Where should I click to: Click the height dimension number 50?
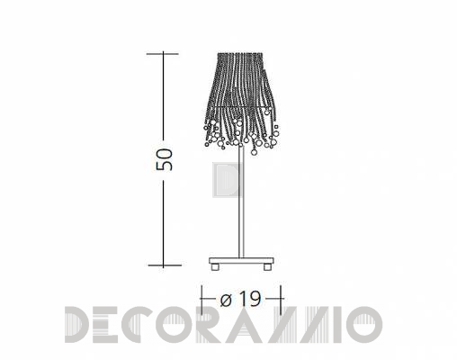(x=165, y=159)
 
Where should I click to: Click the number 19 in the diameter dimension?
(x=250, y=299)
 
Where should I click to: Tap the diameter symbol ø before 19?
(x=226, y=300)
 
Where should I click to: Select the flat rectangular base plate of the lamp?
(x=241, y=260)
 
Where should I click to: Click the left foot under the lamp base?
(x=215, y=267)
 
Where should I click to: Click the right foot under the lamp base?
(x=267, y=267)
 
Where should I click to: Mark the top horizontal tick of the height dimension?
(x=163, y=54)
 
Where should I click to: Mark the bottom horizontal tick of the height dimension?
(x=165, y=265)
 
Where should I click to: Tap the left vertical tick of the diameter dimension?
(x=202, y=300)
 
